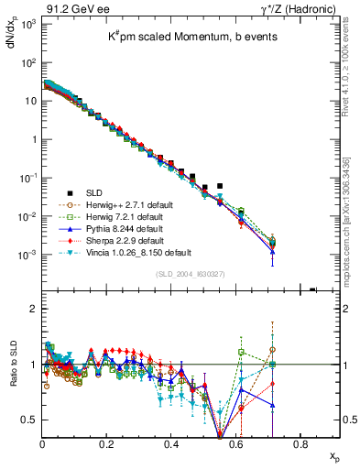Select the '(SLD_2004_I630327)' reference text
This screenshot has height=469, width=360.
(187, 274)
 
